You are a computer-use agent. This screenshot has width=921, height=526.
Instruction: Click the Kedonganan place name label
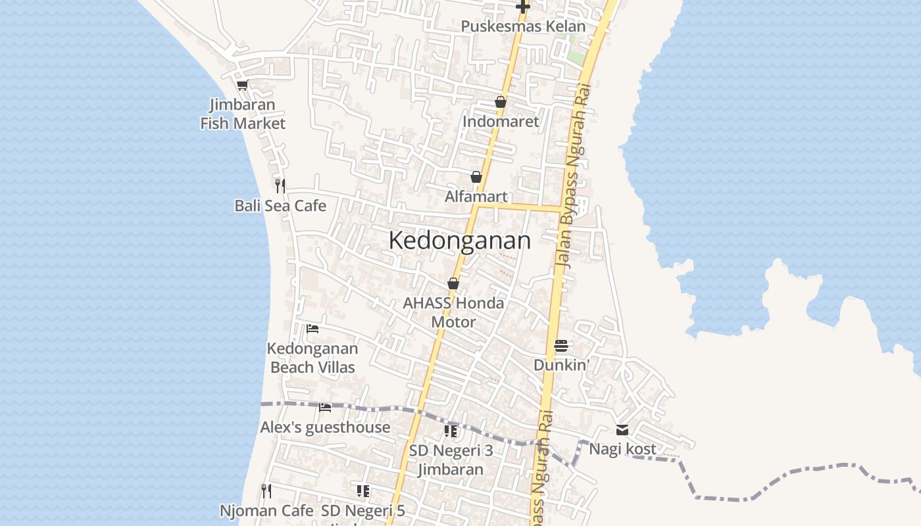[x=459, y=241]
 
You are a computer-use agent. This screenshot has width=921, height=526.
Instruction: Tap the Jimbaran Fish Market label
[x=243, y=114]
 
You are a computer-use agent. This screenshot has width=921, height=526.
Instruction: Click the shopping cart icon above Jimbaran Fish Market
[x=243, y=85]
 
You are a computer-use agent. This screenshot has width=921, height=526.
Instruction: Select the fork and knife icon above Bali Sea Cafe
[x=280, y=185]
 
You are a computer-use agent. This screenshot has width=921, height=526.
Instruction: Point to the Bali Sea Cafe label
[x=280, y=206]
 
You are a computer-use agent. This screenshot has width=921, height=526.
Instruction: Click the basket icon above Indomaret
[x=501, y=102]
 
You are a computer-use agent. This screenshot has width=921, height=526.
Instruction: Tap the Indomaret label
[x=501, y=122]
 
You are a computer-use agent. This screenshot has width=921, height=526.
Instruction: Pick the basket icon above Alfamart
[x=476, y=177]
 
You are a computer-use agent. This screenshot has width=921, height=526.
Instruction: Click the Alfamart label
[x=476, y=197]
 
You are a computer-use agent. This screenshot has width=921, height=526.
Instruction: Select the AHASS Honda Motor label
[x=453, y=312]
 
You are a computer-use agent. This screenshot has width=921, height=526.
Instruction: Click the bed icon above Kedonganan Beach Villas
[x=312, y=328]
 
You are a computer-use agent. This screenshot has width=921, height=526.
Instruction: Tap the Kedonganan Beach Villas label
[x=312, y=358]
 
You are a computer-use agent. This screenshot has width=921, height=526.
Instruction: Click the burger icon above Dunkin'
[x=560, y=345]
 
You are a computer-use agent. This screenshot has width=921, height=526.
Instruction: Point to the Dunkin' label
[x=560, y=365]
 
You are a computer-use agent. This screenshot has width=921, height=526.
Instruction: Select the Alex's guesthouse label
[x=325, y=427]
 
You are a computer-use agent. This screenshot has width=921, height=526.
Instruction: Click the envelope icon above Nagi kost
[x=622, y=430]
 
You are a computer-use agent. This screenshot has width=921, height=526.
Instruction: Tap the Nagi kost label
[x=622, y=449]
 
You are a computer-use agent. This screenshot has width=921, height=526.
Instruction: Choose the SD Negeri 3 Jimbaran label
[x=451, y=460]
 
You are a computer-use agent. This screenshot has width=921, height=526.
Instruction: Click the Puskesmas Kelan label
[x=523, y=26]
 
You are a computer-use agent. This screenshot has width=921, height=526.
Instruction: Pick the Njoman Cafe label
[x=266, y=510]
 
